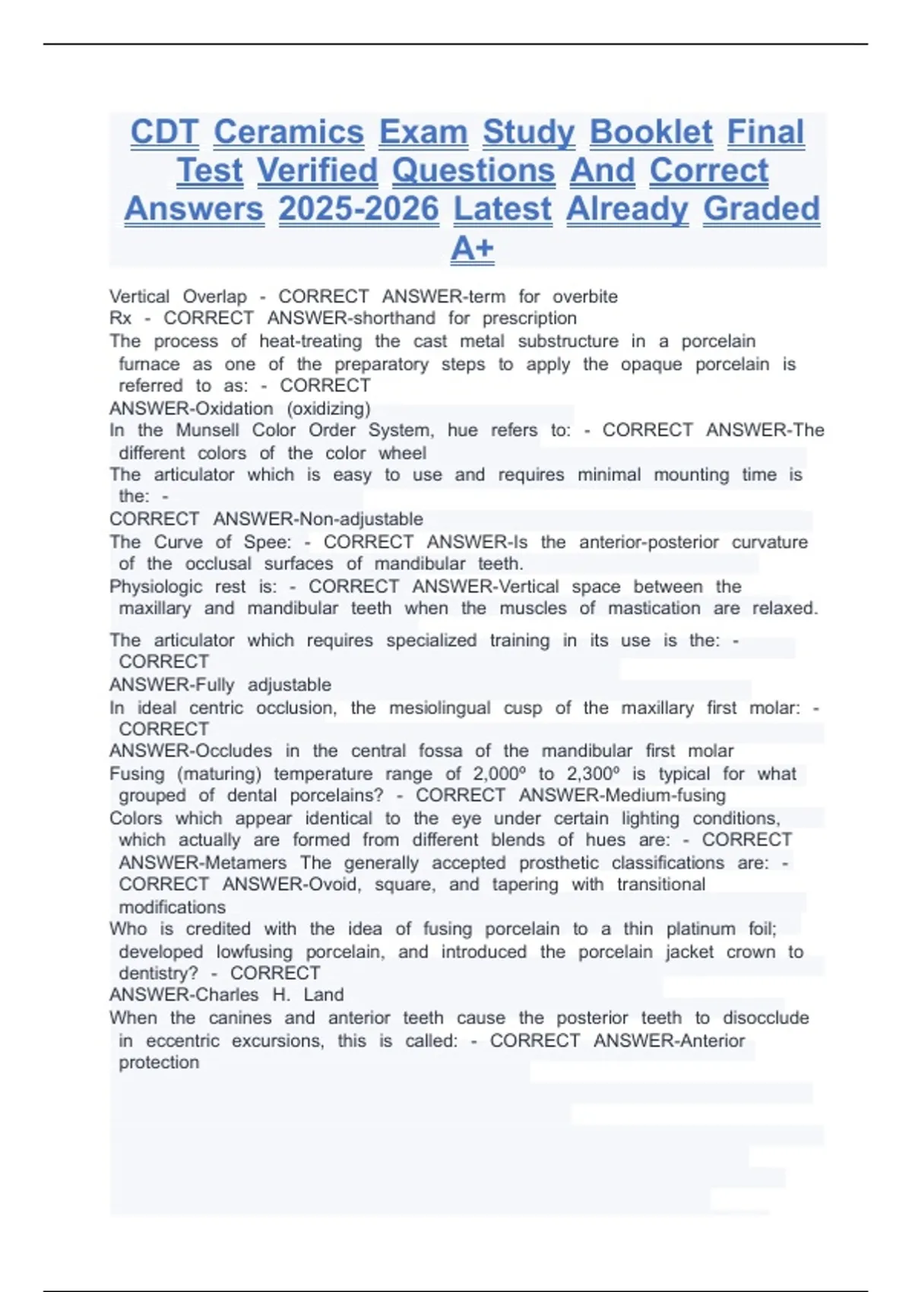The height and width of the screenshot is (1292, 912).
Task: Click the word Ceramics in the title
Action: tap(289, 132)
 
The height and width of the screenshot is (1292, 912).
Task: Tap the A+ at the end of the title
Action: tap(472, 249)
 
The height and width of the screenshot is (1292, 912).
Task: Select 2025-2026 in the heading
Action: tap(359, 210)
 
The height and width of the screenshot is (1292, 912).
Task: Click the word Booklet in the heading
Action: tap(651, 132)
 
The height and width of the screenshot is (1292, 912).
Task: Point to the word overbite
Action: tap(584, 296)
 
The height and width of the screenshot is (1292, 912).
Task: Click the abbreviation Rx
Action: tap(120, 318)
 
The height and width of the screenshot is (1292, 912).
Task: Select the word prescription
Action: tap(529, 318)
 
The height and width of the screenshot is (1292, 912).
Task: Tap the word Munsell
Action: tap(207, 430)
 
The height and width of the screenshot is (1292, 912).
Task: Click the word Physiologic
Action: tap(156, 587)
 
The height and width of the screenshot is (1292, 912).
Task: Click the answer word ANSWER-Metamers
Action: tap(203, 863)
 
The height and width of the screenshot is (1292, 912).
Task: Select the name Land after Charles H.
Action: tap(324, 995)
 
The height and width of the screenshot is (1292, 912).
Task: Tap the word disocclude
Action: tap(765, 1018)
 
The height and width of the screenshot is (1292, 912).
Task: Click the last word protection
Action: tap(159, 1062)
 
